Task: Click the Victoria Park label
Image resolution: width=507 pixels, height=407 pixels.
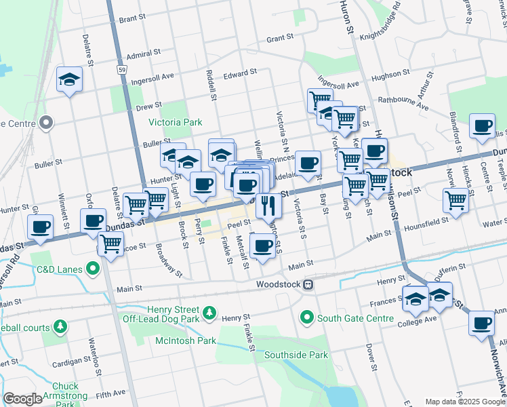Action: point(176,123)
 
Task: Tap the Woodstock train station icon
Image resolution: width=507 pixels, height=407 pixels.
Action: point(308,284)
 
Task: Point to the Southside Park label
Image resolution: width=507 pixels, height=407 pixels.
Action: point(296,355)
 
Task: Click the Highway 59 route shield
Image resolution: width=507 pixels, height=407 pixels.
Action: point(121,69)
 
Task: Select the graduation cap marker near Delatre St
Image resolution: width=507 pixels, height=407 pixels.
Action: point(69,79)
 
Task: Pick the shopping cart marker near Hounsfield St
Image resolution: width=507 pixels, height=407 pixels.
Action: point(455,200)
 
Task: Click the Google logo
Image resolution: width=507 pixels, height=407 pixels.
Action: point(22,399)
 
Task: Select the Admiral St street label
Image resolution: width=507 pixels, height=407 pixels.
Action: point(143,52)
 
